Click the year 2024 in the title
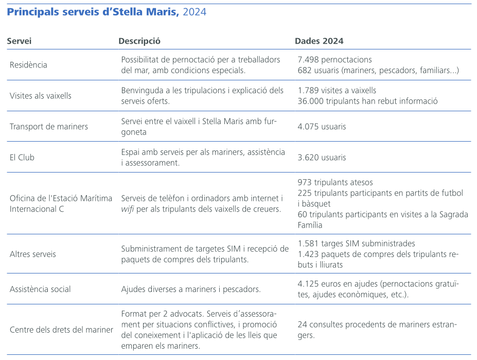click(195, 12)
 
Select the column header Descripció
click(139, 41)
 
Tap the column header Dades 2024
click(319, 41)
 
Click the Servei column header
click(20, 41)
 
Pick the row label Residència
click(28, 65)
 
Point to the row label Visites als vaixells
click(41, 96)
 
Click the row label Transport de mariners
click(49, 127)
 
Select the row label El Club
click(22, 158)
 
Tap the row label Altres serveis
click(33, 254)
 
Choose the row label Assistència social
click(40, 289)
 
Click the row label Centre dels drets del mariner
click(61, 330)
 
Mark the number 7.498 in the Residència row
click(308, 60)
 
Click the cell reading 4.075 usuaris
click(322, 127)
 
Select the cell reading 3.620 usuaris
click(322, 158)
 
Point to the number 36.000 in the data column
click(310, 101)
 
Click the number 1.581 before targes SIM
click(308, 244)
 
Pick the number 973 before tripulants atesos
click(305, 182)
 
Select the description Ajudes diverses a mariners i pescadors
click(191, 289)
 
